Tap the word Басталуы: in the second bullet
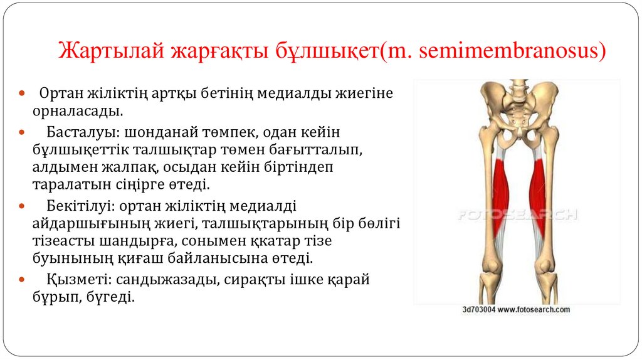click(x=83, y=132)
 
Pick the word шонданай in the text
click(x=154, y=132)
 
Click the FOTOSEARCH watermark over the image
click(x=517, y=214)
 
